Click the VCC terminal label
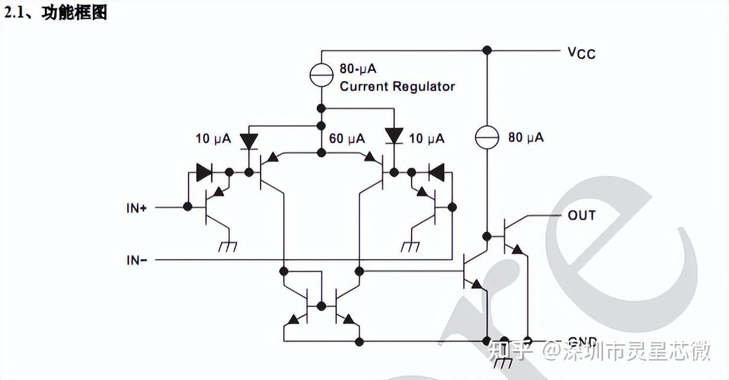point(581,53)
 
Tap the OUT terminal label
point(581,215)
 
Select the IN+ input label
point(136,208)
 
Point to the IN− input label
point(136,260)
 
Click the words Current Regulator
point(397,87)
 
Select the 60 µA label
point(347,139)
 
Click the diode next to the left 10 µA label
point(249,140)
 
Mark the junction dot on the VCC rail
point(487,50)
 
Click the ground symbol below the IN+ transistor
point(227,247)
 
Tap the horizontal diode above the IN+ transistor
point(204,172)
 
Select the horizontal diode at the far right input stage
point(437,172)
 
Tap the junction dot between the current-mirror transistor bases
point(321,306)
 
